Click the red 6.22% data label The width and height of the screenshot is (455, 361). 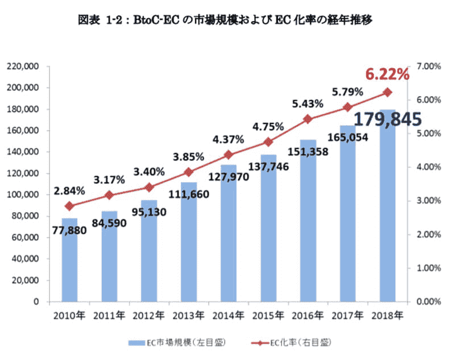(387, 74)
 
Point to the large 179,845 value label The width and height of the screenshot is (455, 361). (387, 119)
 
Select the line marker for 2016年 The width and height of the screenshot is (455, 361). (308, 119)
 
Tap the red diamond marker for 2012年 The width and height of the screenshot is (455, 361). (149, 187)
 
